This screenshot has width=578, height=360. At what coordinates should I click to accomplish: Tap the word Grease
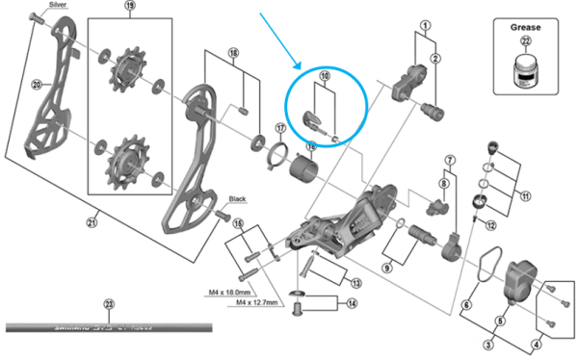click(526, 29)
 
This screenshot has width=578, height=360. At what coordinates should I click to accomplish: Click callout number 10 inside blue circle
click(325, 76)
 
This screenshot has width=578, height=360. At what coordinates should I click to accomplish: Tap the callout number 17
click(280, 127)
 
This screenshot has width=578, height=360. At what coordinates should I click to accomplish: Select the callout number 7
click(449, 158)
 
